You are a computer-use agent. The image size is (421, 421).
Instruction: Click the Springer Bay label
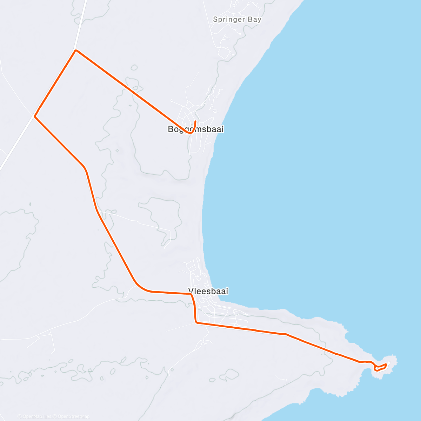click(x=237, y=20)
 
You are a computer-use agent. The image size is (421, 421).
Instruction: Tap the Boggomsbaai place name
click(x=195, y=129)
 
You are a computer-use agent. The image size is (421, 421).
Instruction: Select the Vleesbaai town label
click(x=208, y=291)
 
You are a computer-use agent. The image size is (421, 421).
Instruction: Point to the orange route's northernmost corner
click(x=76, y=51)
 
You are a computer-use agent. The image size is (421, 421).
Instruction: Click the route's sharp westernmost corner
click(x=35, y=116)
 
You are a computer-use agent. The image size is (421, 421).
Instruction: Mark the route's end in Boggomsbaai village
click(x=195, y=121)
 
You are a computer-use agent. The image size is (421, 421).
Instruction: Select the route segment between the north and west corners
click(x=55, y=83)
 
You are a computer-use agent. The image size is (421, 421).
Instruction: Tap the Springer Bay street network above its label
click(x=242, y=7)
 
